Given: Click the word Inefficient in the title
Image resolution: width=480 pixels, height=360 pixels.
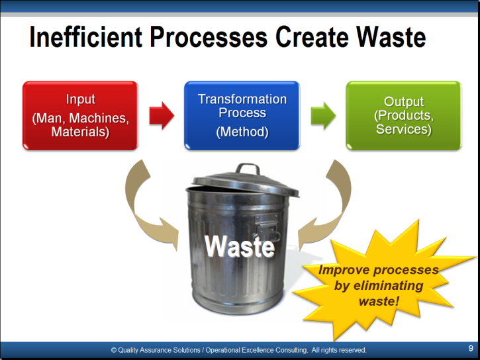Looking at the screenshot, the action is pos(85,37).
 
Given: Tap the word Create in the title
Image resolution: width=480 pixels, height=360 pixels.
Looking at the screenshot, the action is pos(312,37).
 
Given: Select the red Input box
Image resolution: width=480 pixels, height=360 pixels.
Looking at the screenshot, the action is pos(81,116).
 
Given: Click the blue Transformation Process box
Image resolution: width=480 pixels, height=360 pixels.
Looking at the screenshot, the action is pos(242,116).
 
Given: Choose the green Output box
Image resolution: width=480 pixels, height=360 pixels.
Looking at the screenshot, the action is pos(404,116).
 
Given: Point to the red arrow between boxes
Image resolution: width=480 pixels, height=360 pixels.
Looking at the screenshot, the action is pos(162,116).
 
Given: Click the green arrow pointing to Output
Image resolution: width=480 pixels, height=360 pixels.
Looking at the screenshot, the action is pos(323,116).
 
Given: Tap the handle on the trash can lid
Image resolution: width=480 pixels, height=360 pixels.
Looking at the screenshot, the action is pos(248,169).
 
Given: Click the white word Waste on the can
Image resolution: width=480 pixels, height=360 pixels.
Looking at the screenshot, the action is pos(240,247).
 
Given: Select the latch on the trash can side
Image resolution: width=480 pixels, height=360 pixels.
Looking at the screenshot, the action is pos(267,227).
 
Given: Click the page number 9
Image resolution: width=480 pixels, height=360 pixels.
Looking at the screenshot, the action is pos(471,348).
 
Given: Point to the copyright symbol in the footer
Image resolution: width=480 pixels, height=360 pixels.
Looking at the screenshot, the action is pos(114,350).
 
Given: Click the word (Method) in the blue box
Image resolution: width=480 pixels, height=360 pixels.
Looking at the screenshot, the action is pos(242,132).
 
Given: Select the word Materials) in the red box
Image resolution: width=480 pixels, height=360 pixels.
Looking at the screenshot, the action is pos(80,132).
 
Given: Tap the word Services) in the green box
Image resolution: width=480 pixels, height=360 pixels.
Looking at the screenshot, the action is pos(404,129).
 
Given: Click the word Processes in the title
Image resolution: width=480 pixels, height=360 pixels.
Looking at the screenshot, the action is pos(209,37).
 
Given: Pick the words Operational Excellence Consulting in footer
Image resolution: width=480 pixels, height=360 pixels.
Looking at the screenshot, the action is pos(256,350).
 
